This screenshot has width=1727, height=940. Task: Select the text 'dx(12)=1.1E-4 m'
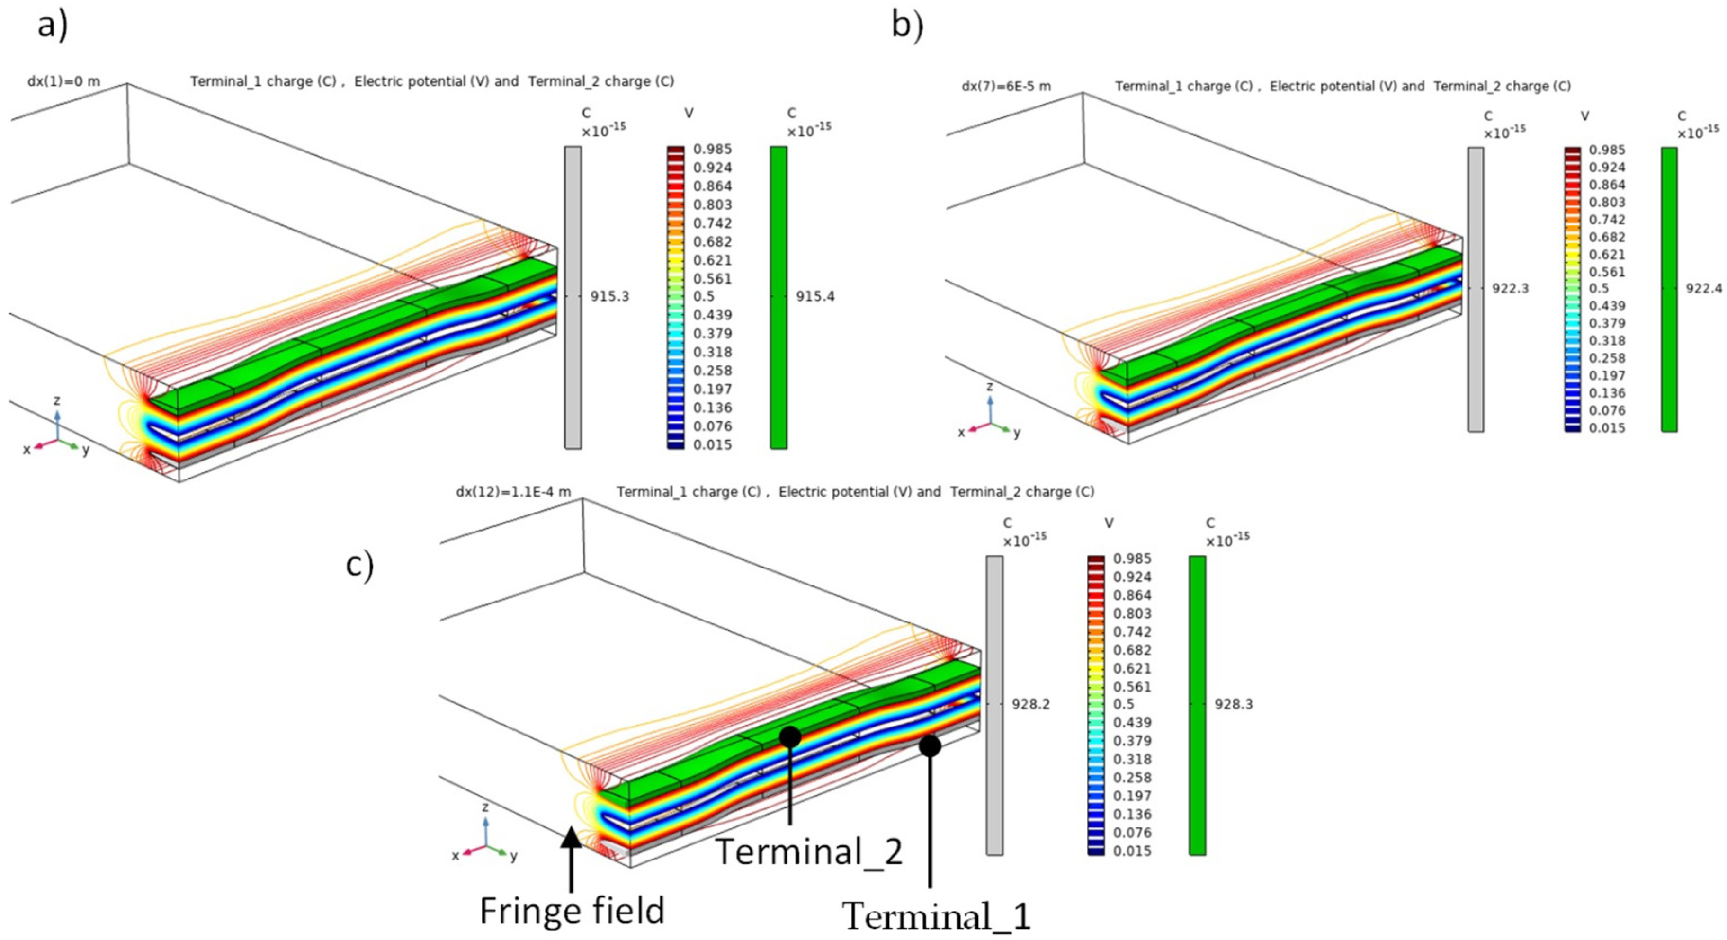pos(513,492)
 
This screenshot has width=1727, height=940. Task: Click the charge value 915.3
pos(609,296)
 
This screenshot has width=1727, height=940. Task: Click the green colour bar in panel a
pos(778,297)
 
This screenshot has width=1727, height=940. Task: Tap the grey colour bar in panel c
pos(994,705)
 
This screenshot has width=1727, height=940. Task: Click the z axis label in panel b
pos(990,387)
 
